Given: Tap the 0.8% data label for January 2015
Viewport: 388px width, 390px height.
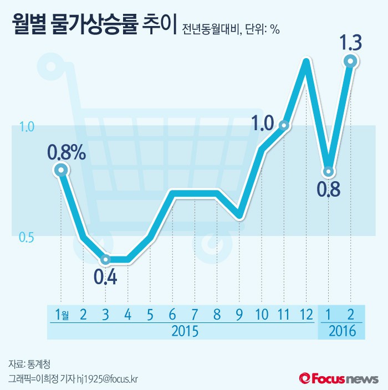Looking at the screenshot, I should click(67, 152).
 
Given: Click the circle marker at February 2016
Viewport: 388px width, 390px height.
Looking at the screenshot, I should click(350, 61).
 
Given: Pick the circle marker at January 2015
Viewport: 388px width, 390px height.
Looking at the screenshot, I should click(61, 171).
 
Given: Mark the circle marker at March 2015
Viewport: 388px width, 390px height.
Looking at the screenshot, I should click(105, 259).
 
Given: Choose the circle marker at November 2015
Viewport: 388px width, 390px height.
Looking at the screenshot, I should click(283, 126).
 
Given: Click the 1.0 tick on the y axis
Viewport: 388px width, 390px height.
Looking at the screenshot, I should click(27, 127).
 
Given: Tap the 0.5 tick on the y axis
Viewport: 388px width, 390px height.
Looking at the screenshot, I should click(27, 238).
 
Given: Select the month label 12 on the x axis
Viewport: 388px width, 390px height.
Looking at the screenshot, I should click(305, 315).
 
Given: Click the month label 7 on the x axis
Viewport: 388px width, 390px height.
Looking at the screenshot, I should click(195, 315).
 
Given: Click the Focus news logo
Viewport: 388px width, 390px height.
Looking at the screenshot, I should click(339, 378).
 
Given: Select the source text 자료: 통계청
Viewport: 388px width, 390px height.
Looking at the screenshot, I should click(29, 365).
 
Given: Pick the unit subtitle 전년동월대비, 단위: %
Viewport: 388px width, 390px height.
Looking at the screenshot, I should click(231, 29).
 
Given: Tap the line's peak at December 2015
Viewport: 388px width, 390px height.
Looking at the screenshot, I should click(305, 60).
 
